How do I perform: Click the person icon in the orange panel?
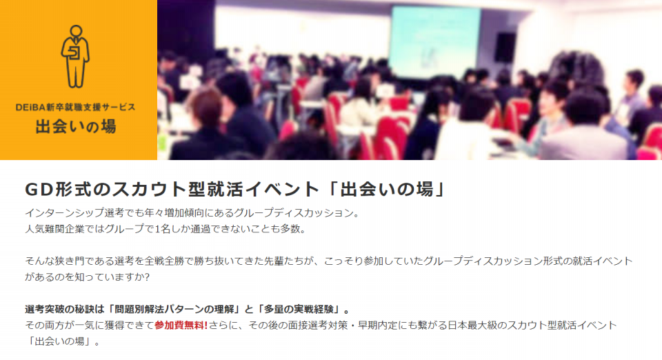click(x=75, y=56)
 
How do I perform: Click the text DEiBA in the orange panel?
click(x=30, y=107)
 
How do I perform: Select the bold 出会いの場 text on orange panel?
click(x=76, y=126)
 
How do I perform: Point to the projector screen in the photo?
click(x=434, y=42)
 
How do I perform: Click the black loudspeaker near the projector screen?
click(x=505, y=48)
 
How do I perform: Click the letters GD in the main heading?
click(x=39, y=190)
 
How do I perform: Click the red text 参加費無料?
click(x=181, y=326)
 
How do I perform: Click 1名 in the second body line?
click(x=161, y=229)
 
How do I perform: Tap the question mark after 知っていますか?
click(x=146, y=277)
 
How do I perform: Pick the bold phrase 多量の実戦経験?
click(x=300, y=310)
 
